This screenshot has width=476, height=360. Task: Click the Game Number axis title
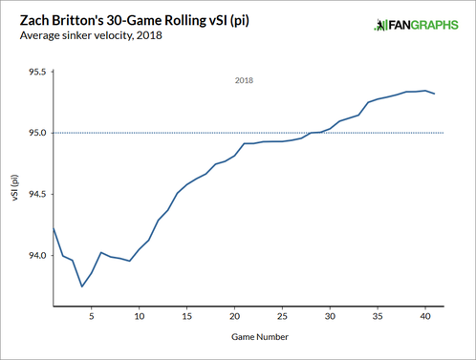pyautogui.click(x=258, y=336)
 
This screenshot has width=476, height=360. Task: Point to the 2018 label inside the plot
pyautogui.click(x=244, y=81)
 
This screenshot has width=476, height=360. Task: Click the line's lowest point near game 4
pyautogui.click(x=81, y=286)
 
